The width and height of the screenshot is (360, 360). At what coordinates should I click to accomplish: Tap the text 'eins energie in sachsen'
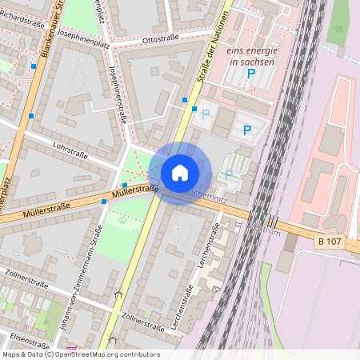click(250, 55)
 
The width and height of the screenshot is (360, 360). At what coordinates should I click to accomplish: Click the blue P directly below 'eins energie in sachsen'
click(250, 74)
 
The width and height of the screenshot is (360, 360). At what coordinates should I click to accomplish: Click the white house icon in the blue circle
click(180, 173)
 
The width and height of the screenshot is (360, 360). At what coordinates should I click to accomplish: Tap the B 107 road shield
click(330, 241)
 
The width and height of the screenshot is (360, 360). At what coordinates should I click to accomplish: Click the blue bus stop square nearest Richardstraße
click(34, 66)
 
